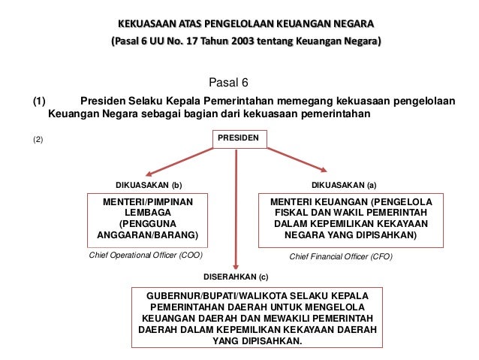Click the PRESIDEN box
point(237,139)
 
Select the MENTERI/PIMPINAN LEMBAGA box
point(145,222)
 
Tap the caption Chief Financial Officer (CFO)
point(340,256)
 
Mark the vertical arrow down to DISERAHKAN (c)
point(237,210)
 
